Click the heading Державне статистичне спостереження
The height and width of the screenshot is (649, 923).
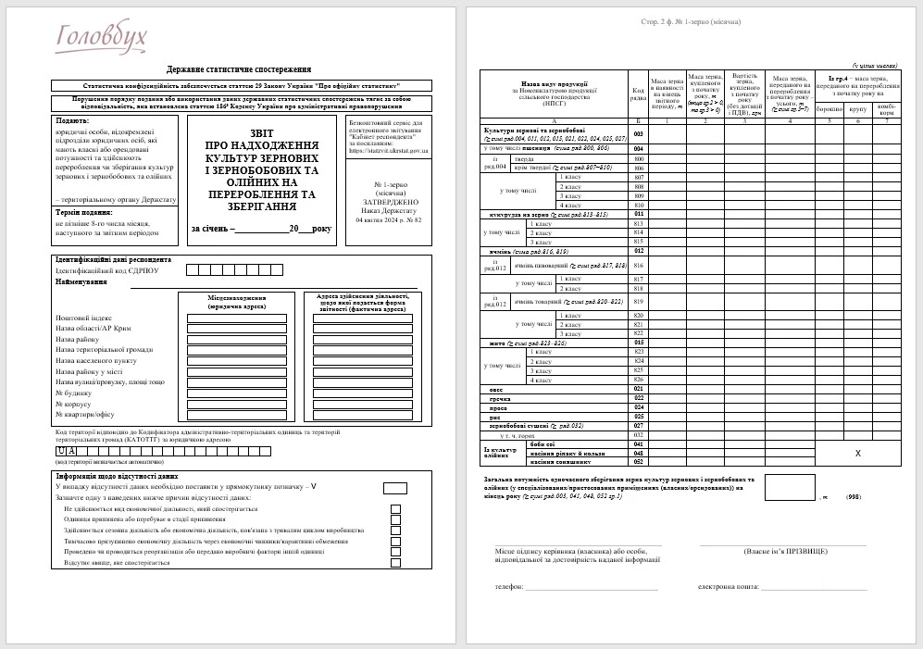(239, 69)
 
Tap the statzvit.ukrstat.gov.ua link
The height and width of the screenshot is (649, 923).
(388, 150)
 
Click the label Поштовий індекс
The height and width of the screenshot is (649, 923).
(81, 318)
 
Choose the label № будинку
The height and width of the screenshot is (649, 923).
(73, 393)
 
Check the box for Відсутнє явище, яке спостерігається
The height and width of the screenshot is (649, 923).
(396, 562)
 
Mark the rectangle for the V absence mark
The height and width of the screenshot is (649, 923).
(395, 488)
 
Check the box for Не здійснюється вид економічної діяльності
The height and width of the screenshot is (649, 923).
(396, 509)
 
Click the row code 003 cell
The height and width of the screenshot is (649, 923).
(638, 135)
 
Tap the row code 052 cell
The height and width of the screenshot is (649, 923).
(638, 461)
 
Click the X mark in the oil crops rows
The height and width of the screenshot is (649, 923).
(858, 453)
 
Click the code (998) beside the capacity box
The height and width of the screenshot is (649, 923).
(854, 497)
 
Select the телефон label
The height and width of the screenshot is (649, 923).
(509, 587)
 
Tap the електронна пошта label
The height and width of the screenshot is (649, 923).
(728, 587)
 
